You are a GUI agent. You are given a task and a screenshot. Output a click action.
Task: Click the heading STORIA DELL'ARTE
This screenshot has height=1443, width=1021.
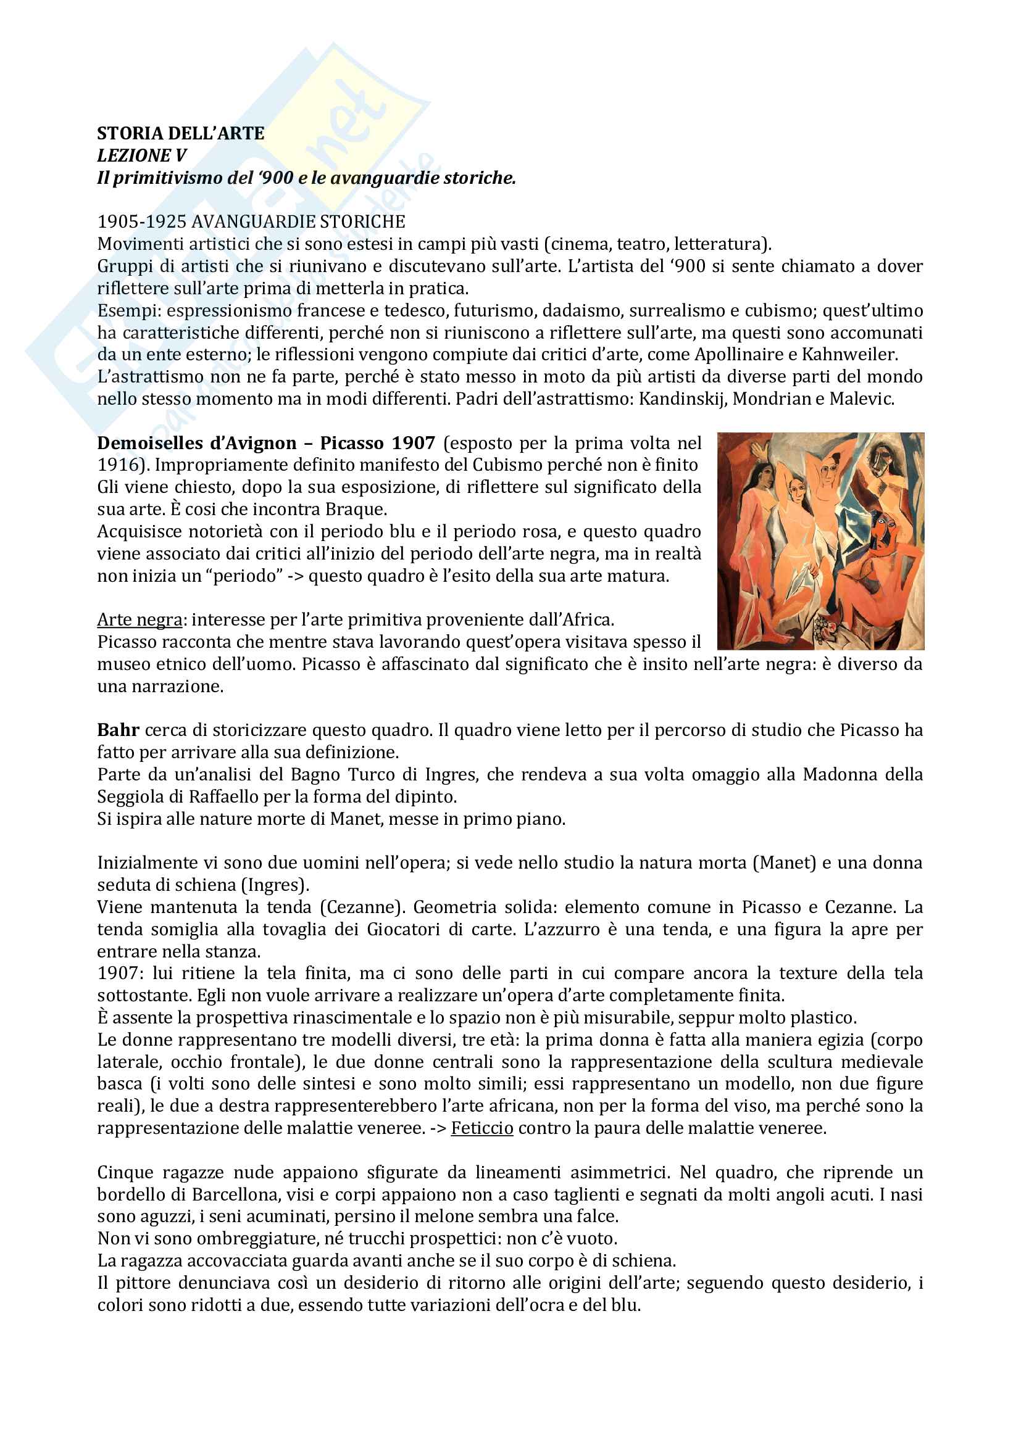pyautogui.click(x=180, y=133)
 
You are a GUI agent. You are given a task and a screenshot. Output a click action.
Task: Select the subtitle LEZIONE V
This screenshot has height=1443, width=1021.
pyautogui.click(x=141, y=155)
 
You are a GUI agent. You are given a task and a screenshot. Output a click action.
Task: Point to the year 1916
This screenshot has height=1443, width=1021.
pyautogui.click(x=117, y=465)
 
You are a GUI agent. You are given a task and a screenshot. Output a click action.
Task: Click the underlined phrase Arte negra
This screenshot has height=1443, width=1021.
pyautogui.click(x=140, y=619)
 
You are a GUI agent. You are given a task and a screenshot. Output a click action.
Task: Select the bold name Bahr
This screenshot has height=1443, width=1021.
pyautogui.click(x=118, y=730)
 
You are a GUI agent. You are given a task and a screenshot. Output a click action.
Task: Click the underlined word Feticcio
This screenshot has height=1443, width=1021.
pyautogui.click(x=481, y=1128)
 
